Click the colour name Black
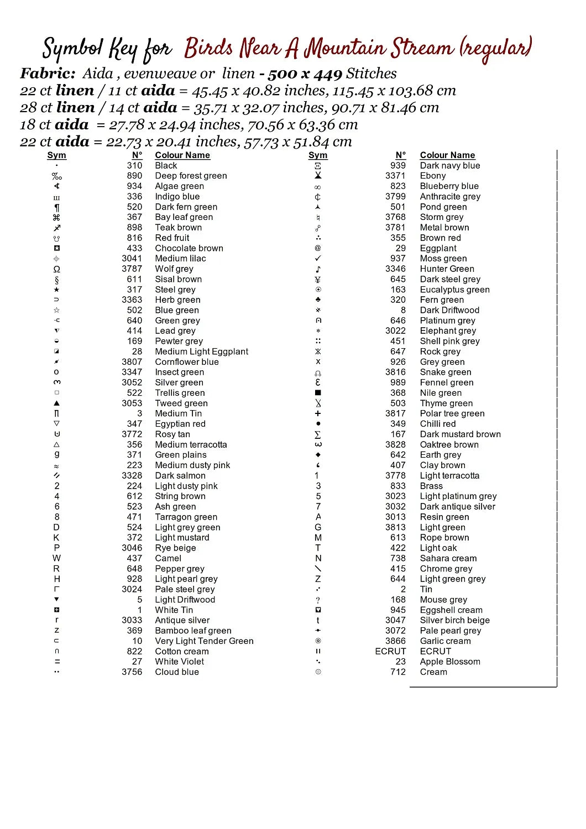[166, 165]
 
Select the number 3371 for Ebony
[395, 176]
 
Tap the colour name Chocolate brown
[189, 248]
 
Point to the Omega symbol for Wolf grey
[56, 269]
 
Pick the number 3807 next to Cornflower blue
[132, 362]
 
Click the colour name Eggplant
[438, 248]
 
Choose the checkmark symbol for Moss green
[318, 259]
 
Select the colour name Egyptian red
[180, 424]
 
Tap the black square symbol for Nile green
[318, 393]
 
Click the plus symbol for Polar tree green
[318, 413]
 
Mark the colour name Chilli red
[438, 424]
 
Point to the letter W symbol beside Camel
[56, 558]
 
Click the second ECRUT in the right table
[436, 651]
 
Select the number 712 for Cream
[398, 672]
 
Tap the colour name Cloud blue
[177, 672]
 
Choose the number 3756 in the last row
[132, 672]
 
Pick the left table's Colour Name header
[182, 155]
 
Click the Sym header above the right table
[318, 155]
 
